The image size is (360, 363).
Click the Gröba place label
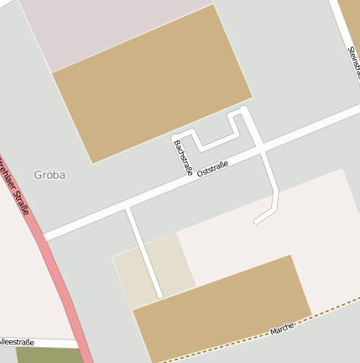pos(50,176)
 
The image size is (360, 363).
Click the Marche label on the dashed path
pos(282,329)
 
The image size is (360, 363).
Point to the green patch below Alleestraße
pos(46,355)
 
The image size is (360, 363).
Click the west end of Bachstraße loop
pos(176,137)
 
